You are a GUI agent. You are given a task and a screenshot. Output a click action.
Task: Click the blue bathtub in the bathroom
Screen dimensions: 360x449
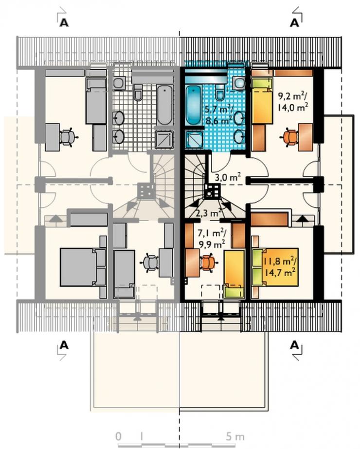[x=194, y=105]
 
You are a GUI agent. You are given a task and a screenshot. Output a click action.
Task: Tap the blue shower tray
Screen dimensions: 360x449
[x=194, y=139]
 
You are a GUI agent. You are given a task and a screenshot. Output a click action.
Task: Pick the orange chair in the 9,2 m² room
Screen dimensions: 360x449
[x=291, y=137]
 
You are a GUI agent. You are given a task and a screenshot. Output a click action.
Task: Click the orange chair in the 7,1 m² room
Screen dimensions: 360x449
[x=208, y=263]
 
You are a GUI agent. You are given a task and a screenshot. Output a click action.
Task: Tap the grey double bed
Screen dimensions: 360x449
[x=83, y=267]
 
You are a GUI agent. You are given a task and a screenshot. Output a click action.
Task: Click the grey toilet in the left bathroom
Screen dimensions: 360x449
[x=138, y=92]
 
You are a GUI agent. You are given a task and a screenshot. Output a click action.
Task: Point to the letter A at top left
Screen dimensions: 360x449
[x=64, y=22]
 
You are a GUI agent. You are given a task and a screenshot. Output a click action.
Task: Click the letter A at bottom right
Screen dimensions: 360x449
[x=295, y=345]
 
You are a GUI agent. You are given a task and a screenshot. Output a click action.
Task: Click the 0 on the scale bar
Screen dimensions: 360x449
[x=119, y=437]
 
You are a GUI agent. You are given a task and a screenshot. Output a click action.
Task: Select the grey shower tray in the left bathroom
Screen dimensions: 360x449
[x=164, y=139]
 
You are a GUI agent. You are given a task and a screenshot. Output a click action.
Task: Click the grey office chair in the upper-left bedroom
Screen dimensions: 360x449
[x=67, y=137]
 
